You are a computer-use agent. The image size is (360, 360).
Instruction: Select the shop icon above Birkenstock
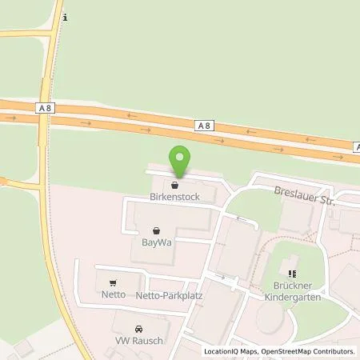(x=174, y=184)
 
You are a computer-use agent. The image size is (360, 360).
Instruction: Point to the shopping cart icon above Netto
(x=113, y=282)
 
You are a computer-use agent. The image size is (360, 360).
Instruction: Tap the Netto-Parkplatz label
(x=167, y=295)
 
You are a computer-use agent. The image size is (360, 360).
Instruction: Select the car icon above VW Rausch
(x=138, y=328)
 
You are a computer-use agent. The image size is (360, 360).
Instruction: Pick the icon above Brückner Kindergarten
(x=291, y=272)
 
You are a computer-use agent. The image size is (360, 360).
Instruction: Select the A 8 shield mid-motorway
(x=206, y=126)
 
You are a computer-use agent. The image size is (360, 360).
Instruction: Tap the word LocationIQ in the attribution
(x=221, y=350)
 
